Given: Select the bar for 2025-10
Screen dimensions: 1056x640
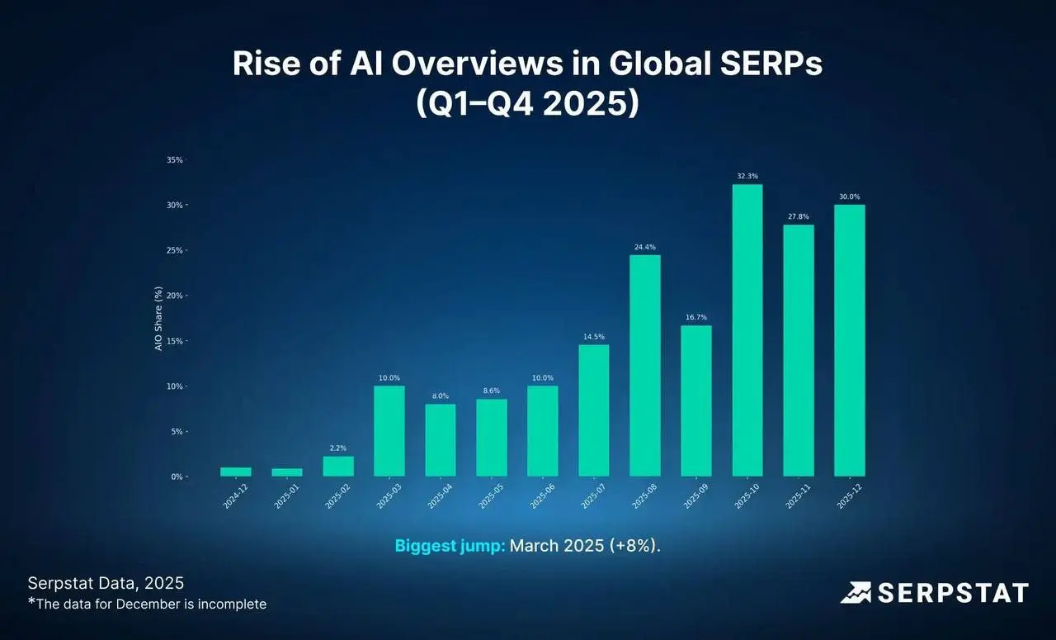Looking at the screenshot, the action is (x=747, y=330).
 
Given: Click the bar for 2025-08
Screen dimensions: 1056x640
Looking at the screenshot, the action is (x=645, y=366).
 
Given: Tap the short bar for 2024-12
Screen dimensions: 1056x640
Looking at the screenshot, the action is (x=236, y=472).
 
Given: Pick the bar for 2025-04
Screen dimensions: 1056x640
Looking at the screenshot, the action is (x=441, y=440).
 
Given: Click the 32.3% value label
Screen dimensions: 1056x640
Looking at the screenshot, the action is (x=747, y=176).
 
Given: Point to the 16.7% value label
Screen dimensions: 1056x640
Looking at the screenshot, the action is (x=696, y=317).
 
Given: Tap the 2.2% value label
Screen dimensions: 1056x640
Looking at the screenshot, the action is (x=338, y=448).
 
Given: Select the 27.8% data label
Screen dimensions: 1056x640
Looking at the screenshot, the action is (x=799, y=216).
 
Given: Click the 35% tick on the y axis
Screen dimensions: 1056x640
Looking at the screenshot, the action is (x=174, y=160).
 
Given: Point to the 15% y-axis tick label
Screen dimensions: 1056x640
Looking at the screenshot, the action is (x=174, y=341).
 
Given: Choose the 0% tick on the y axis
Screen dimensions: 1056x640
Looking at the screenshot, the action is (x=177, y=477).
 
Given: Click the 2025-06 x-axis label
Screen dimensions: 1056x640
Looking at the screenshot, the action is (x=542, y=496).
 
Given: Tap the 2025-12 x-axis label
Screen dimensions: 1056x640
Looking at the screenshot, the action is (x=850, y=496).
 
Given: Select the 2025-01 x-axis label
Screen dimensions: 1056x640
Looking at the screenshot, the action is (x=286, y=496).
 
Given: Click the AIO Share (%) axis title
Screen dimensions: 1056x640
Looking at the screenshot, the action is (x=158, y=319).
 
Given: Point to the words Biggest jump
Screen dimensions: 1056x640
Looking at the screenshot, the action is (x=450, y=546).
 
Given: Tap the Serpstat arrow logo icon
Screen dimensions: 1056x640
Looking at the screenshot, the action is (x=856, y=593).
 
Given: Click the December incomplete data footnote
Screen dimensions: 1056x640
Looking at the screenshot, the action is (x=147, y=604).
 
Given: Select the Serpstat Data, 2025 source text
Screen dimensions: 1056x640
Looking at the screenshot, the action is (x=106, y=583).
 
